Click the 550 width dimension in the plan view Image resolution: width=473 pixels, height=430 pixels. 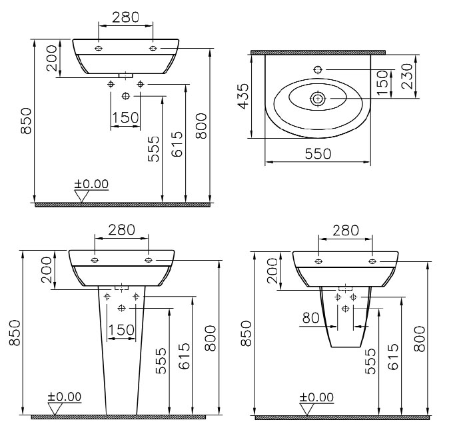(318, 154)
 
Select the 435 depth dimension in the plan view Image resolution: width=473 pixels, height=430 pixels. (243, 96)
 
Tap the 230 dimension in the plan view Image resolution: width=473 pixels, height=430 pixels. (407, 76)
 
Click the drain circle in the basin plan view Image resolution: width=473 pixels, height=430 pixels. (318, 99)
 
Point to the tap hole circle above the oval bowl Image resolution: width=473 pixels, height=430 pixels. (318, 70)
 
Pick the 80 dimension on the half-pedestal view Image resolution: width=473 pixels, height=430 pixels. (310, 318)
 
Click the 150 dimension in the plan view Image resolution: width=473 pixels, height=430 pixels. (382, 83)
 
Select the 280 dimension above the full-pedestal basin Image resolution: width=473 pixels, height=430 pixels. (121, 230)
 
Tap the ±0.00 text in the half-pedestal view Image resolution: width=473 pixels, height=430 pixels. (316, 397)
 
